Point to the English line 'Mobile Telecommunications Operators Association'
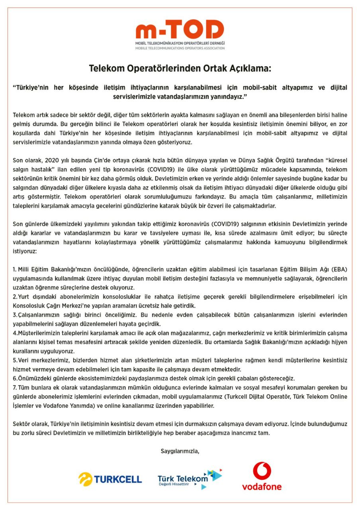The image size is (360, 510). point(180,48)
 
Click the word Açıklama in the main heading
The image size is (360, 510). point(247,69)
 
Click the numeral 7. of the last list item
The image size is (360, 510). point(15,388)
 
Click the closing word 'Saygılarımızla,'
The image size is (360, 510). point(180,451)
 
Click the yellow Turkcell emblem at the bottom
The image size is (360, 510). point(85,479)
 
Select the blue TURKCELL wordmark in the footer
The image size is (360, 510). point(118,479)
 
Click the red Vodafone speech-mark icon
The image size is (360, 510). point(262,471)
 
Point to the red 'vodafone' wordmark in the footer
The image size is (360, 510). point(262,486)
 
